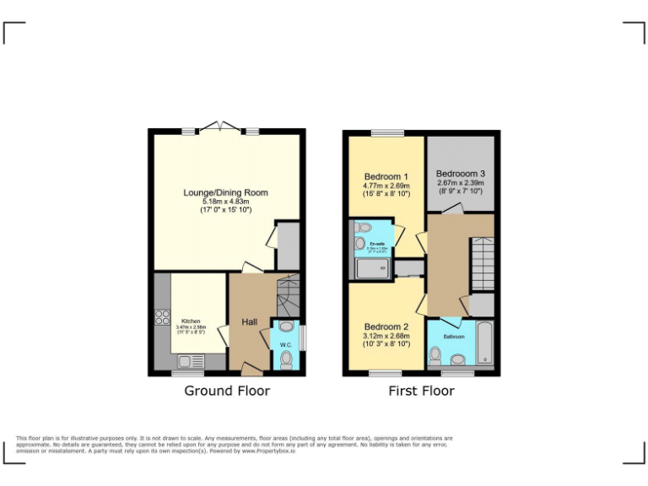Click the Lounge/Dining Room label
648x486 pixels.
click(225, 193)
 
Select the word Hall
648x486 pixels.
click(251, 321)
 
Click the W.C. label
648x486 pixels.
click(285, 344)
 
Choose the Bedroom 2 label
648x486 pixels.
click(386, 327)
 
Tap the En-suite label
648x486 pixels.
click(377, 245)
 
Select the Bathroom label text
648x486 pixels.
click(455, 337)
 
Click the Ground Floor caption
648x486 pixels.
click(227, 391)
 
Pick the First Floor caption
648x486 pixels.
click(421, 391)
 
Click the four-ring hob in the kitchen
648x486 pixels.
click(161, 318)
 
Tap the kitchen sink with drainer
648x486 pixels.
click(190, 362)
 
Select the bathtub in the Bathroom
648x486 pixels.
click(484, 343)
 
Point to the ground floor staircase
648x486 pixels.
click(287, 295)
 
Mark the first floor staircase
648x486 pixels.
click(482, 263)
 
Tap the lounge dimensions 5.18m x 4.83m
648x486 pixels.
click(225, 202)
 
